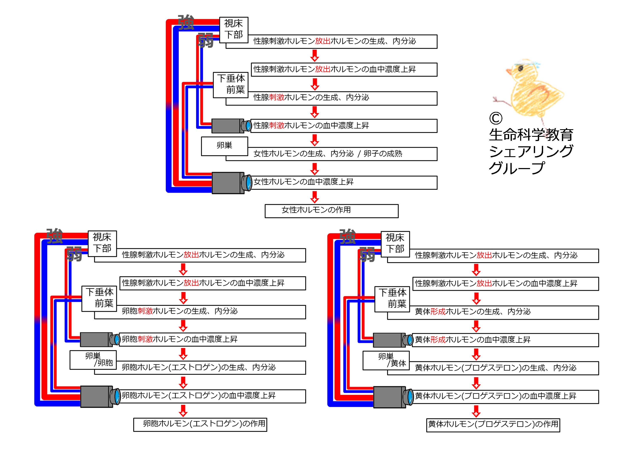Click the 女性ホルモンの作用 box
coord(331,211)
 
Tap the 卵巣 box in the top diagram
coord(224,146)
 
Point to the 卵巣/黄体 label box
coord(386,360)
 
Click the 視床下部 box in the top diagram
coord(234,30)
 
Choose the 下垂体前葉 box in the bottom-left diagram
coord(99,298)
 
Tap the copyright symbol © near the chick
coord(496,118)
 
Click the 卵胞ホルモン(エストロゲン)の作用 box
coord(200,424)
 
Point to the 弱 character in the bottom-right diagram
coord(367,255)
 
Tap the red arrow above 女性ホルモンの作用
coord(315,197)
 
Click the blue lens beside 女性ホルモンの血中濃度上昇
coord(248,183)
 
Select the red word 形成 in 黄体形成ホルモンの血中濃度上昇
coord(438,339)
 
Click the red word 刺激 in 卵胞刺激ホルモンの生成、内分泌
coord(145,311)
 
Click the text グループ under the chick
coord(517,168)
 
